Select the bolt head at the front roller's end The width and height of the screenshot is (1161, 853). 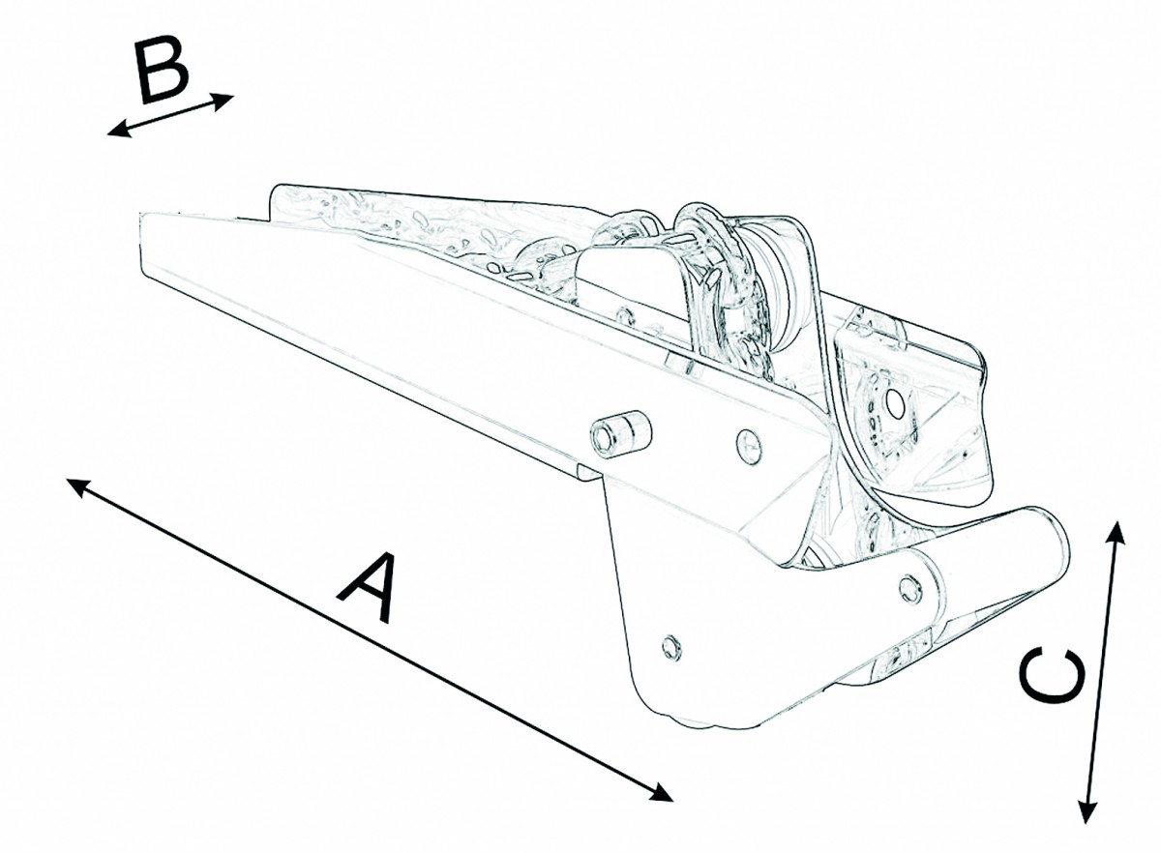[910, 589]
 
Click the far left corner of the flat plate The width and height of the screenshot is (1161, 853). [141, 214]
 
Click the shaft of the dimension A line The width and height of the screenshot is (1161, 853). [370, 646]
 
